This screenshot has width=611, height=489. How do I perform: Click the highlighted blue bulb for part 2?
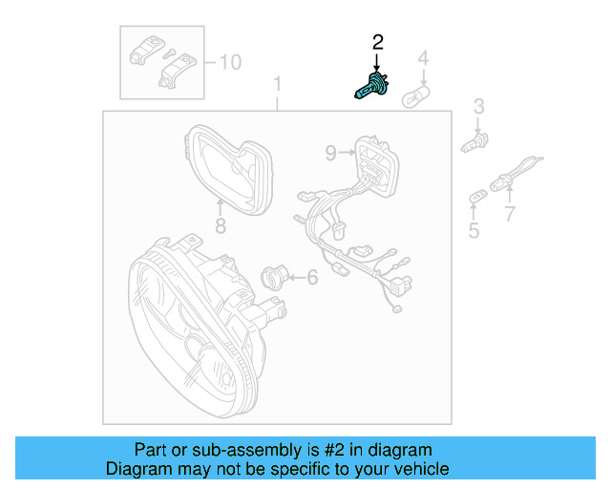[369, 87]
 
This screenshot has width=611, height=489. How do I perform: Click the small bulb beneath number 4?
[418, 96]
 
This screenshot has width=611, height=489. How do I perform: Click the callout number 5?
[474, 230]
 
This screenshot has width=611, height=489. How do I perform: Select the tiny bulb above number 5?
[475, 197]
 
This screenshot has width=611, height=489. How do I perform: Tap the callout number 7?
[509, 214]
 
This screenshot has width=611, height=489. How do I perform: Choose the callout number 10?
[230, 63]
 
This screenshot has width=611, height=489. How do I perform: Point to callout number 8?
[220, 226]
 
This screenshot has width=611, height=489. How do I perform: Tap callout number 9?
[330, 152]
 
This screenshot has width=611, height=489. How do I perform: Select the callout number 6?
[311, 278]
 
